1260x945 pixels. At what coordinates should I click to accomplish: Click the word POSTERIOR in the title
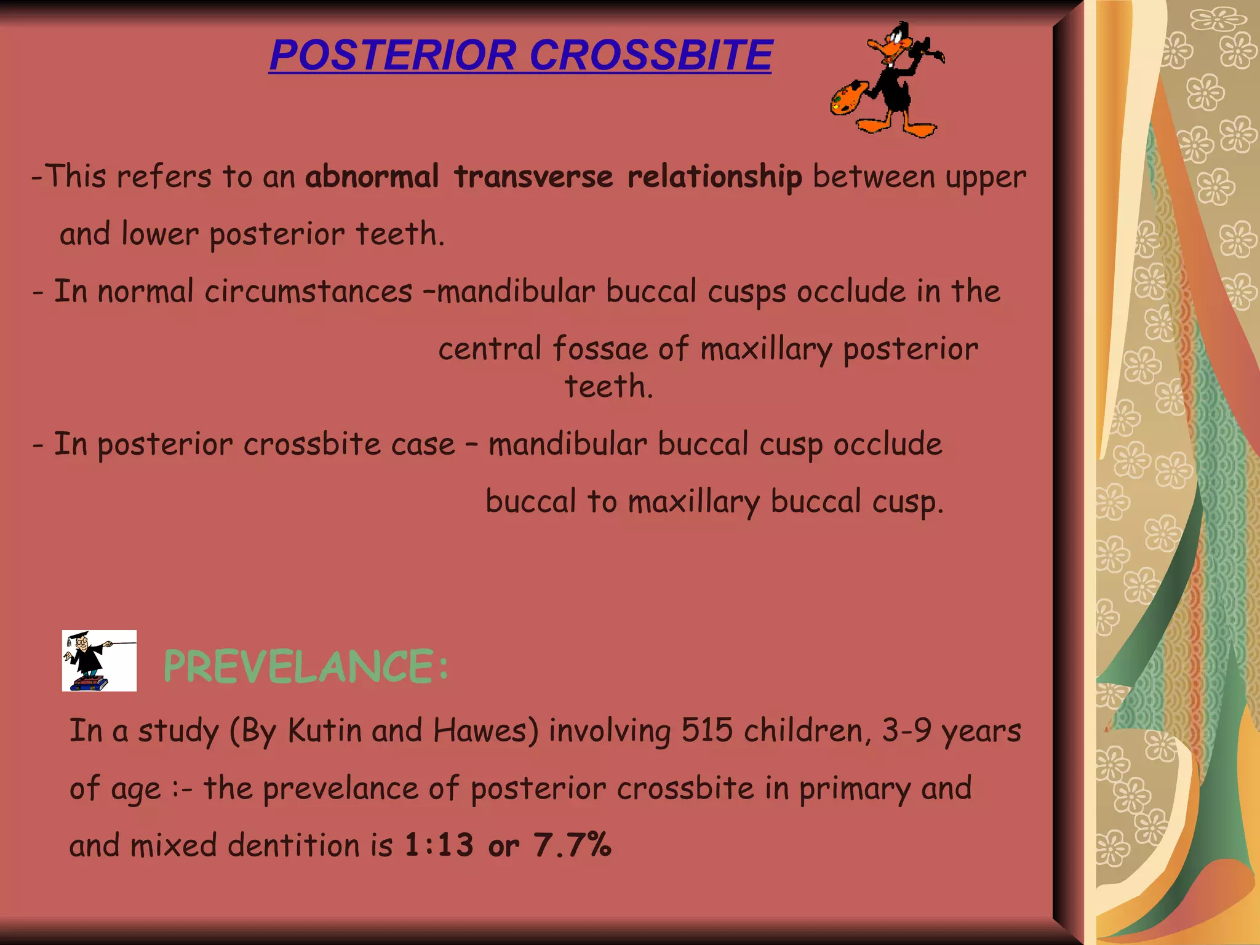393,55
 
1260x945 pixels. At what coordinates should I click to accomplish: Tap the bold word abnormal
372,177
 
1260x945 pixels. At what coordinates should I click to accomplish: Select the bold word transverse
533,177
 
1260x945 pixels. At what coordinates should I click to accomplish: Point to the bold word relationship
714,178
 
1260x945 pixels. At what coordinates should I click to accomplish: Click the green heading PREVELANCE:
306,667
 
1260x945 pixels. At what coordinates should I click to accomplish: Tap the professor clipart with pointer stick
98,661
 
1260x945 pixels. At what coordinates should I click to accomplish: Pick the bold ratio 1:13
439,845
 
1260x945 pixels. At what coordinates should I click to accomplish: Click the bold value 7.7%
572,845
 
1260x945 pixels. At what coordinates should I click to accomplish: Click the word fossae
600,349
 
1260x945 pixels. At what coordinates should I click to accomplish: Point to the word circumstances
308,292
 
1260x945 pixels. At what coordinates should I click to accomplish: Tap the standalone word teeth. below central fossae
608,387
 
